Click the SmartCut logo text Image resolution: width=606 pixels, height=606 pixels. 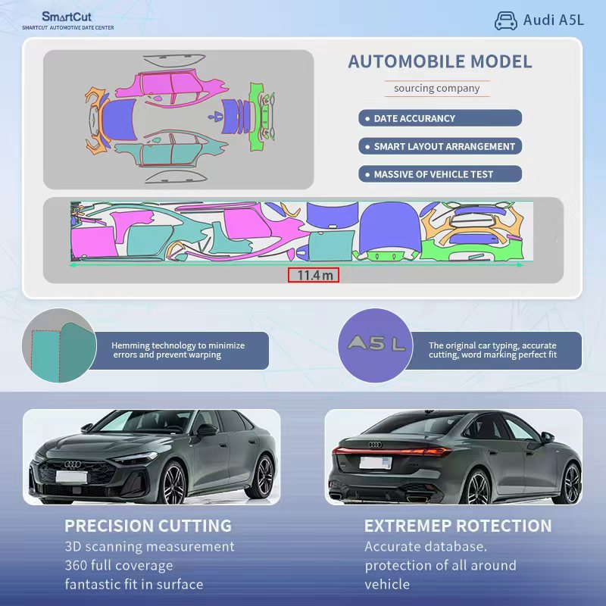[x=67, y=16]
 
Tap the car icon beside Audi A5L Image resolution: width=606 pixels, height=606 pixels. [x=505, y=20]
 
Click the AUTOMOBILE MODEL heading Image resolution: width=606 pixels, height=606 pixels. [x=439, y=62]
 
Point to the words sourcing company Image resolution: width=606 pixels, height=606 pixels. [x=436, y=89]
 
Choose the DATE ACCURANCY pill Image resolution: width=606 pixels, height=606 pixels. [x=439, y=118]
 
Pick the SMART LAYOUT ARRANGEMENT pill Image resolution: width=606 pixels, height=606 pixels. [x=439, y=146]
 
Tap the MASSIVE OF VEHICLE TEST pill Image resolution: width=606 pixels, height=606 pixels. [x=439, y=174]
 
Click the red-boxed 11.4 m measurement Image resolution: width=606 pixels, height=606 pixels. [x=313, y=275]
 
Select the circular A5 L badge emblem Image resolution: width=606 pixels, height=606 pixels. [x=376, y=345]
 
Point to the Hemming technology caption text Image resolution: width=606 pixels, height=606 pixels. [x=178, y=350]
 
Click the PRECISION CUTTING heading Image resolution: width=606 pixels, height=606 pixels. [x=148, y=526]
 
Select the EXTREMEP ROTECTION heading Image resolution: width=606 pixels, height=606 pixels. [x=458, y=526]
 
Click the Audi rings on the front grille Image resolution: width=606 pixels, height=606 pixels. [x=73, y=464]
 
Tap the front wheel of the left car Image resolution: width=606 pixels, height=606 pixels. [x=173, y=482]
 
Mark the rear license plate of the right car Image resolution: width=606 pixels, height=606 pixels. [x=375, y=463]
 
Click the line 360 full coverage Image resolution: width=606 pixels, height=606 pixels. [x=119, y=565]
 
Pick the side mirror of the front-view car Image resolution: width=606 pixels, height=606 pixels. [x=205, y=431]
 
